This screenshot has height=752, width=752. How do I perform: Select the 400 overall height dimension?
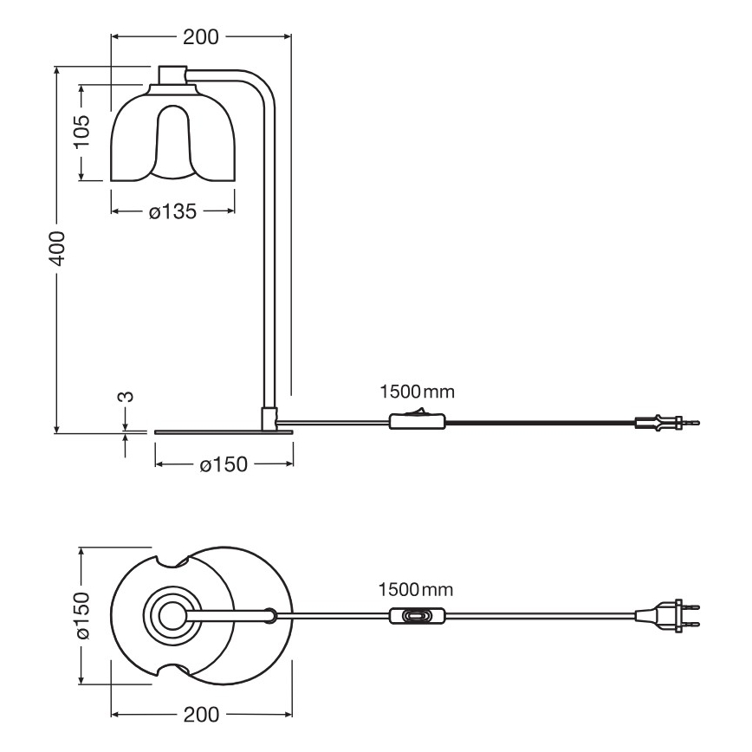[56, 250]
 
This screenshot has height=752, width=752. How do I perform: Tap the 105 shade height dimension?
[81, 133]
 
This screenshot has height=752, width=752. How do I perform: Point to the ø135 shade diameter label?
[172, 211]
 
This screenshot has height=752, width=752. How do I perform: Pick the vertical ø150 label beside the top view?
[81, 616]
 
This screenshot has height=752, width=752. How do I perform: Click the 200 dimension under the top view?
[200, 715]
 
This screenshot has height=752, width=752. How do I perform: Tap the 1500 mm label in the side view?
[417, 392]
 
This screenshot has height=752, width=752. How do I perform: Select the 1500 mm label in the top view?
[417, 590]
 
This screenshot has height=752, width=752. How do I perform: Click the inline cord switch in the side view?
[418, 422]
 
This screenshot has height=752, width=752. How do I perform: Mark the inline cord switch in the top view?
[418, 616]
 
